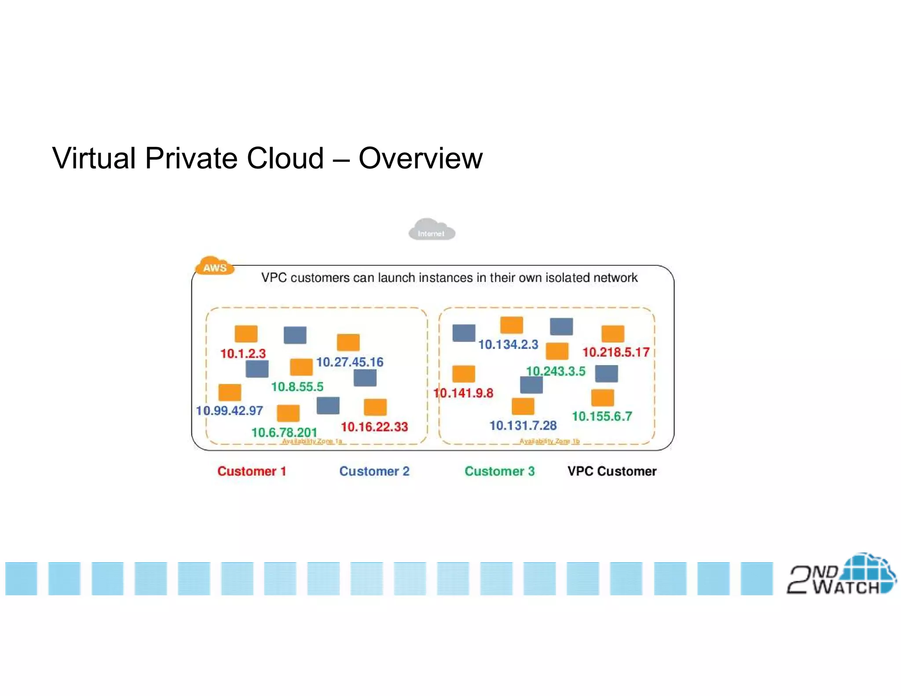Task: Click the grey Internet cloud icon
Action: pyautogui.click(x=432, y=230)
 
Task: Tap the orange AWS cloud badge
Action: pyautogui.click(x=214, y=266)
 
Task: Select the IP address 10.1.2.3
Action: pyautogui.click(x=243, y=353)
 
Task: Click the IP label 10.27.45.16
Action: pyautogui.click(x=350, y=362)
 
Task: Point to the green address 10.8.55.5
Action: pyautogui.click(x=297, y=387)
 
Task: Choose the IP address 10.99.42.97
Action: pyautogui.click(x=229, y=410)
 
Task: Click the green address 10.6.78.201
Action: pyautogui.click(x=284, y=432)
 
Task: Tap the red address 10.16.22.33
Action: pyautogui.click(x=374, y=426)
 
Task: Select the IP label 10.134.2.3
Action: pyautogui.click(x=508, y=344)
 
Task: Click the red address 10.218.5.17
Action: pyautogui.click(x=616, y=352)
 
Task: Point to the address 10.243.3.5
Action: pyautogui.click(x=556, y=371)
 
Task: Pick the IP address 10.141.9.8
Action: pyautogui.click(x=463, y=393)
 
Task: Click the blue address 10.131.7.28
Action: pyautogui.click(x=523, y=425)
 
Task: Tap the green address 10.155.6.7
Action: pyautogui.click(x=602, y=416)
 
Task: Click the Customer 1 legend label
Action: pyautogui.click(x=252, y=471)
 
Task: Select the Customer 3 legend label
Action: pyautogui.click(x=500, y=471)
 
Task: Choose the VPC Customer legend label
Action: pyautogui.click(x=612, y=471)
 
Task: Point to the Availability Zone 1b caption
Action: pyautogui.click(x=549, y=441)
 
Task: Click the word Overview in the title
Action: pyautogui.click(x=421, y=158)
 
